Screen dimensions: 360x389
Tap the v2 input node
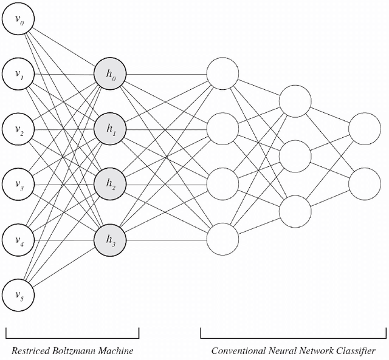pyautogui.click(x=18, y=129)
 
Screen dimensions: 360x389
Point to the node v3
pyautogui.click(x=18, y=184)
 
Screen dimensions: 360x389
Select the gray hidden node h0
pyautogui.click(x=109, y=75)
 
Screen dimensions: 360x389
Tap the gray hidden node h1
pyautogui.click(x=109, y=129)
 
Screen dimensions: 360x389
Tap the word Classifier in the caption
pyautogui.click(x=356, y=352)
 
